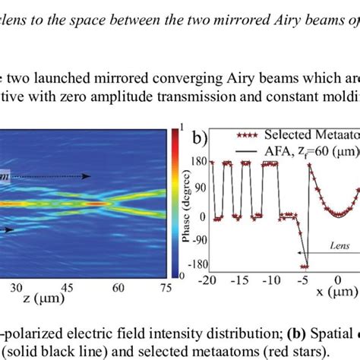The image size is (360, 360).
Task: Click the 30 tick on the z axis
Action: point(16,289)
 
